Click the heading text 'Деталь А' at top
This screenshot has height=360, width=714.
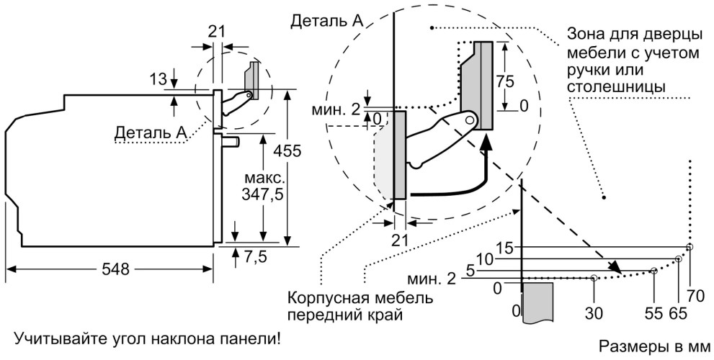(x=326, y=21)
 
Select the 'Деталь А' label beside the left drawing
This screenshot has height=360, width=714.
(x=151, y=132)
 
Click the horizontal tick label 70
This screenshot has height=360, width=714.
(x=695, y=294)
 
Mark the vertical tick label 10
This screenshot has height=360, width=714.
(x=485, y=258)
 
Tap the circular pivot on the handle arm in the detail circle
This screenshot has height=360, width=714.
(x=469, y=120)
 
